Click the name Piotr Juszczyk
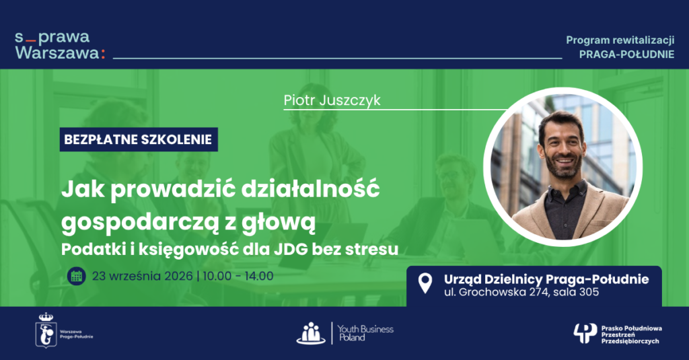332,101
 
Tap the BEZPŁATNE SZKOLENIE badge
139,139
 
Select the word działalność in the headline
310,189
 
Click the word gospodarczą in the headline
140,223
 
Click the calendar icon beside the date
77,276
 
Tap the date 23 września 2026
143,276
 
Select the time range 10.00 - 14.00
238,276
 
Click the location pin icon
425,283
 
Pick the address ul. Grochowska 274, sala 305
521,292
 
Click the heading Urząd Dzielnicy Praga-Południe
546,279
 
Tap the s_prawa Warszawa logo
60,45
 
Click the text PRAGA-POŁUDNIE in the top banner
626,54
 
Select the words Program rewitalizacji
620,40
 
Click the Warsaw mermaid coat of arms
46,330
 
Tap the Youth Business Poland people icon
311,333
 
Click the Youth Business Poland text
365,333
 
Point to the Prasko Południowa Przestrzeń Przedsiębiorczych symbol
585,334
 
